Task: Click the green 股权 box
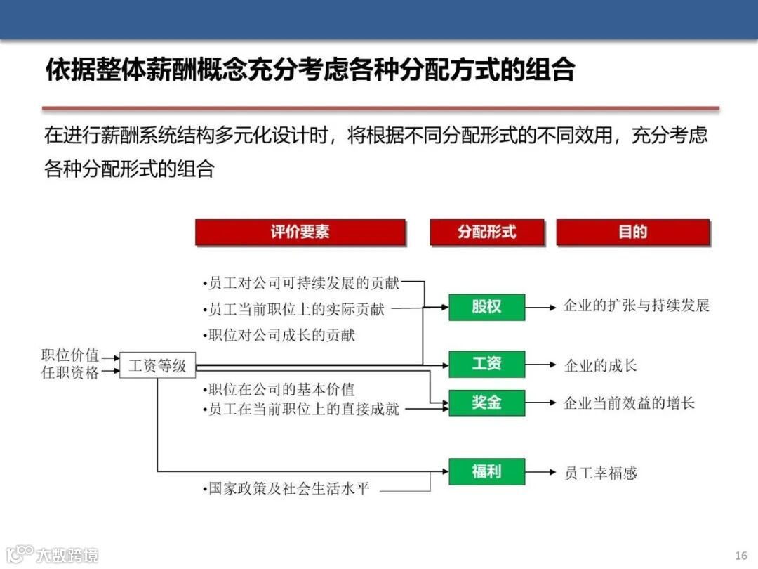pyautogui.click(x=486, y=307)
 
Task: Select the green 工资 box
pyautogui.click(x=486, y=364)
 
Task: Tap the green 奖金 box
pyautogui.click(x=486, y=403)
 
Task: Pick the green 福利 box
pyautogui.click(x=486, y=471)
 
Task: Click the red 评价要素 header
pyautogui.click(x=300, y=233)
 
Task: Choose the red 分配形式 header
pyautogui.click(x=486, y=233)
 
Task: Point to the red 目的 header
pyautogui.click(x=632, y=233)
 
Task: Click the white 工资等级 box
pyautogui.click(x=157, y=365)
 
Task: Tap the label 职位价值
pyautogui.click(x=70, y=355)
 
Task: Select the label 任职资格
pyautogui.click(x=70, y=373)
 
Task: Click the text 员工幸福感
pyautogui.click(x=601, y=473)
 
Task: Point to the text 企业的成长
pyautogui.click(x=601, y=366)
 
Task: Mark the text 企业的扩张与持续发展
pyautogui.click(x=637, y=306)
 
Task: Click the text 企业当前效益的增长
pyautogui.click(x=629, y=403)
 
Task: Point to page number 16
pyautogui.click(x=741, y=556)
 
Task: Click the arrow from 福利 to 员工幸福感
pyautogui.click(x=542, y=472)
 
